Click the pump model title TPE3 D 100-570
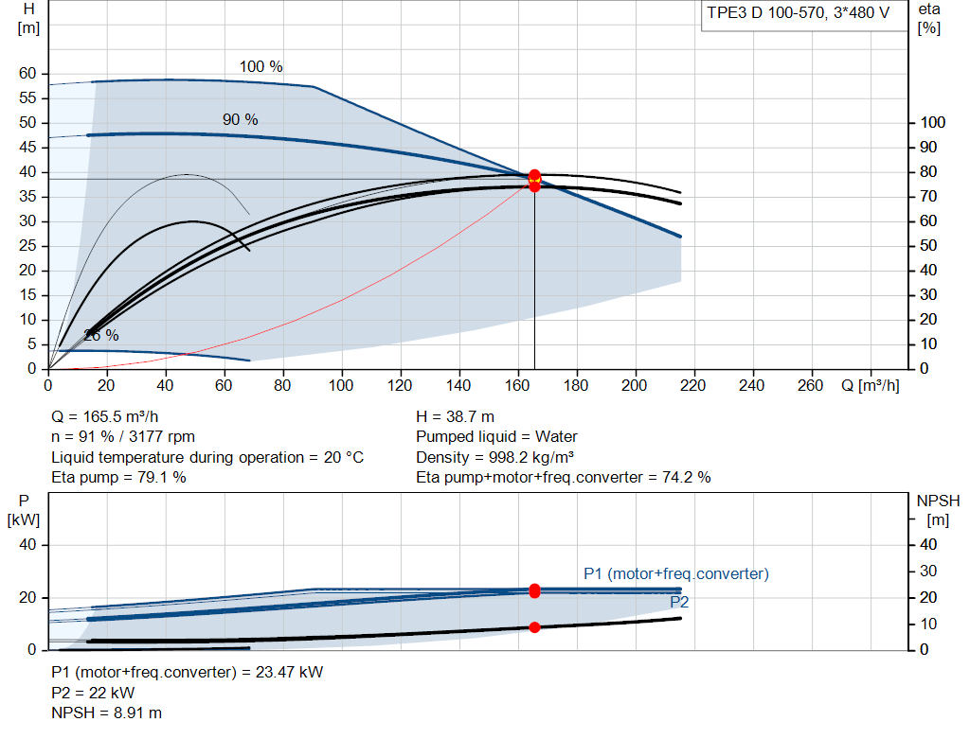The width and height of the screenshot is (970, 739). pos(766,13)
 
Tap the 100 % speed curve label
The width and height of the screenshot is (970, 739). pos(261,67)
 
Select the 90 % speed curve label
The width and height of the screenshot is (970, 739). pos(240,119)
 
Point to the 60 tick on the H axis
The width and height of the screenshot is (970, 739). pos(27,74)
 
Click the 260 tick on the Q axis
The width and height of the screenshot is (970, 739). pos(811,385)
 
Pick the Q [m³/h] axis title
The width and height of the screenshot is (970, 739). pos(871,385)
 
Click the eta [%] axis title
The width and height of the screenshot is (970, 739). pos(929,19)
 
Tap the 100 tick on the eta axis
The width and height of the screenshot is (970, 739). pos(933,122)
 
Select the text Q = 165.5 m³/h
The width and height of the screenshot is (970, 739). pos(104,416)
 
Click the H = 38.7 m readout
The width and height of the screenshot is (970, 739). pos(455,416)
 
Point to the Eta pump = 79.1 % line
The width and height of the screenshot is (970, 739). pos(118,477)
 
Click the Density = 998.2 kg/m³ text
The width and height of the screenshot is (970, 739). pos(494,457)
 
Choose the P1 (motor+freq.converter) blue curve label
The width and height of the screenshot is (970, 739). pos(676,573)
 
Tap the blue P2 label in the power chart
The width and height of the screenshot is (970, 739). pos(679,602)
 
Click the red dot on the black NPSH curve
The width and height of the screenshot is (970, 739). pos(534,627)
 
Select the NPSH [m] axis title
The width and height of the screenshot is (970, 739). pos(938,510)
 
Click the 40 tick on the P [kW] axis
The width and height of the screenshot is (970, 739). pos(27,544)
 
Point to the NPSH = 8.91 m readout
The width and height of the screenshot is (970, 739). pos(106,713)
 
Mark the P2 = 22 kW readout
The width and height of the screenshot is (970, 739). pos(93,693)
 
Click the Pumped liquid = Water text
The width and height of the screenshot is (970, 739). pos(496,437)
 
